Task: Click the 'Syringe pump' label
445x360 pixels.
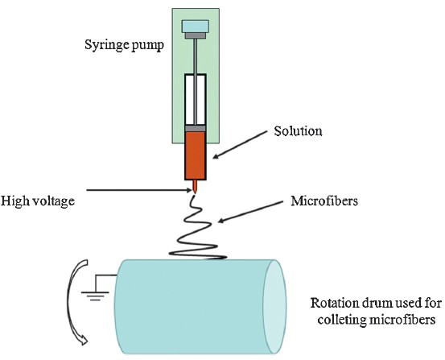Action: point(124,45)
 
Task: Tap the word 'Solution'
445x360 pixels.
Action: point(298,131)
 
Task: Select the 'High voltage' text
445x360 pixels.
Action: point(38,201)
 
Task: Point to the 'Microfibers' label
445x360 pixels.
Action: point(324,201)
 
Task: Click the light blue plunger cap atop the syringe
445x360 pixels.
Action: point(196,26)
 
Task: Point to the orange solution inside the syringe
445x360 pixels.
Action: point(196,155)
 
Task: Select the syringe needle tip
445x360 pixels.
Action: point(195,193)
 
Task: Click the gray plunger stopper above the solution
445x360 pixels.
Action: point(196,128)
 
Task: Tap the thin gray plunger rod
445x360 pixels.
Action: point(196,81)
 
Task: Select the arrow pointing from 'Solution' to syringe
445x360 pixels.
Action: point(240,144)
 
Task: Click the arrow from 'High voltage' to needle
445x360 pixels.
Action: point(140,190)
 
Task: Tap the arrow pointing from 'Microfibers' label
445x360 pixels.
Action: point(250,212)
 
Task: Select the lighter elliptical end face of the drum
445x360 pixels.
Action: point(274,307)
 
